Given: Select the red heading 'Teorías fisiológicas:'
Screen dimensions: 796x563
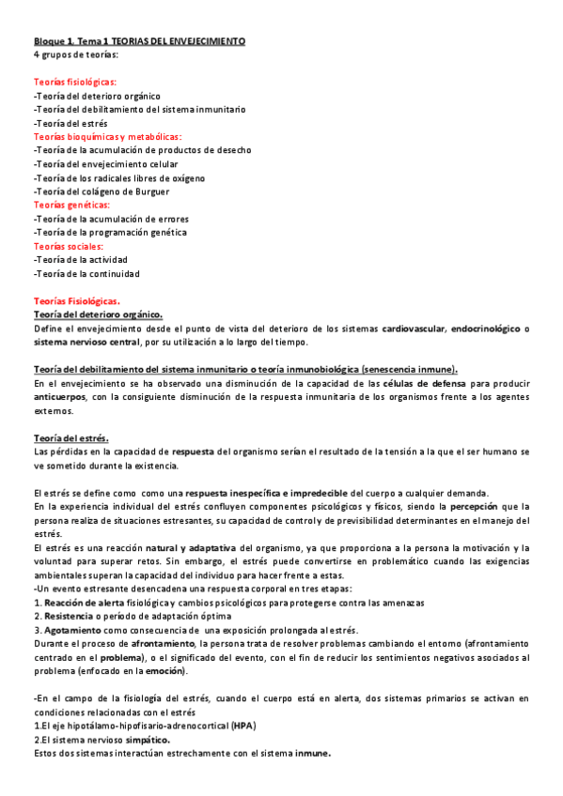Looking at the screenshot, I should point(74,83).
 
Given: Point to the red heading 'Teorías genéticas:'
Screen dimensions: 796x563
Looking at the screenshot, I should point(70,206).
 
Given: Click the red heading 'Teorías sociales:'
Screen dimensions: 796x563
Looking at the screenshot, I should point(68,246).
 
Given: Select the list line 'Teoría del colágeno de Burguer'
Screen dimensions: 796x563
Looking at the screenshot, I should point(102,191).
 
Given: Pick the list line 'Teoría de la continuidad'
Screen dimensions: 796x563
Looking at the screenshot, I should point(86,273).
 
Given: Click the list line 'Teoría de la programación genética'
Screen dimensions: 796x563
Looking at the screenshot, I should point(109,232).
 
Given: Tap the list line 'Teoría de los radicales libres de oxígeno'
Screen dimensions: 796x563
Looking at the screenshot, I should point(118,178).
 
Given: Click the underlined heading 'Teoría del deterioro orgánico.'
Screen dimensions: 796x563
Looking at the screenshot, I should point(98,314).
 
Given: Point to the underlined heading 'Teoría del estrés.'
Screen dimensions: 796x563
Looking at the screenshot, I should point(70,437).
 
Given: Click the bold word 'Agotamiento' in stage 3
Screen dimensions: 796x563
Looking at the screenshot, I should point(73,630).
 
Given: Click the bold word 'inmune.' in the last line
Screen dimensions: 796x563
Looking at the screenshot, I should point(312,753).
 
